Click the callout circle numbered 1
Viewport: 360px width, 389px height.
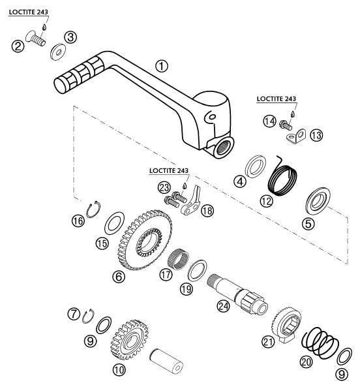162,66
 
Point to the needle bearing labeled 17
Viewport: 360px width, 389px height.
177,266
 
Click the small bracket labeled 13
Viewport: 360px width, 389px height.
299,136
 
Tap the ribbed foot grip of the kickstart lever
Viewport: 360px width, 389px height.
78,75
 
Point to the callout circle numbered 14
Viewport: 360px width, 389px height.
269,121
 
